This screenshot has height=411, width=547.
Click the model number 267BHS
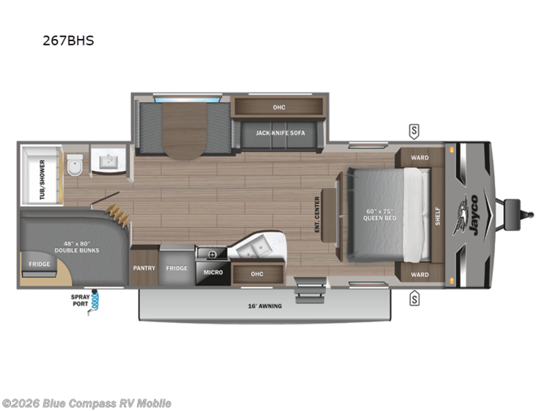pyautogui.click(x=68, y=41)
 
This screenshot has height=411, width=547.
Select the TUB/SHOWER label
pyautogui.click(x=42, y=179)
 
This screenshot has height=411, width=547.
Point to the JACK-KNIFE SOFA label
pyautogui.click(x=279, y=134)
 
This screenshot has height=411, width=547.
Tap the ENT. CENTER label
pyautogui.click(x=317, y=214)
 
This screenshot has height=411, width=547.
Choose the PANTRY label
pyautogui.click(x=144, y=268)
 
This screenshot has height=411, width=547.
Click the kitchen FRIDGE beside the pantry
pyautogui.click(x=176, y=268)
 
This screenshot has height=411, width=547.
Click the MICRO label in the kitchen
pyautogui.click(x=213, y=272)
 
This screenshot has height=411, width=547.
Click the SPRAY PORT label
pyautogui.click(x=81, y=301)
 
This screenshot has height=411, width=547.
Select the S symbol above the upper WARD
pyautogui.click(x=414, y=131)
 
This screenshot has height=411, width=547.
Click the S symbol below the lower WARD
pyautogui.click(x=414, y=297)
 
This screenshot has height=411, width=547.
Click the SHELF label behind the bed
pyautogui.click(x=438, y=214)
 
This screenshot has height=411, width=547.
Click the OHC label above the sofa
pyautogui.click(x=279, y=107)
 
